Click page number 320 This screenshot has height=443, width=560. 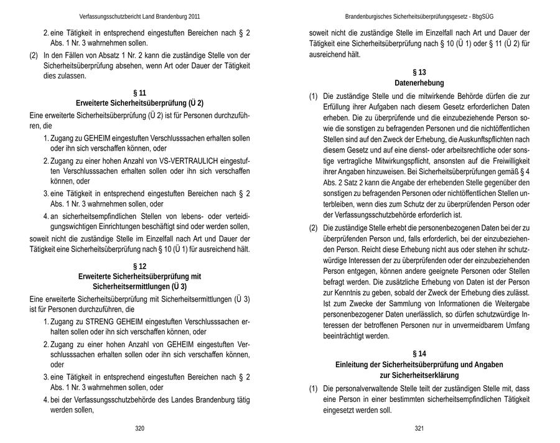pyautogui.click(x=139, y=428)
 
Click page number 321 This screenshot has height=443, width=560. pyautogui.click(x=419, y=428)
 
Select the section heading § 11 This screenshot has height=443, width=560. pyautogui.click(x=139, y=93)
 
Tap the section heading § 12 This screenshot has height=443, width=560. pyautogui.click(x=139, y=266)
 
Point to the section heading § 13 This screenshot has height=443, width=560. pyautogui.click(x=419, y=72)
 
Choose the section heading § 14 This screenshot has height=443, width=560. pyautogui.click(x=419, y=353)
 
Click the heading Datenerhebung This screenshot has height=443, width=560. pyautogui.click(x=419, y=83)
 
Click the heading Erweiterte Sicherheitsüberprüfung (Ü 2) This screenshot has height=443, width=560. pyautogui.click(x=139, y=103)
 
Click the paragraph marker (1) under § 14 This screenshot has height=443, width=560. pyautogui.click(x=314, y=388)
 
